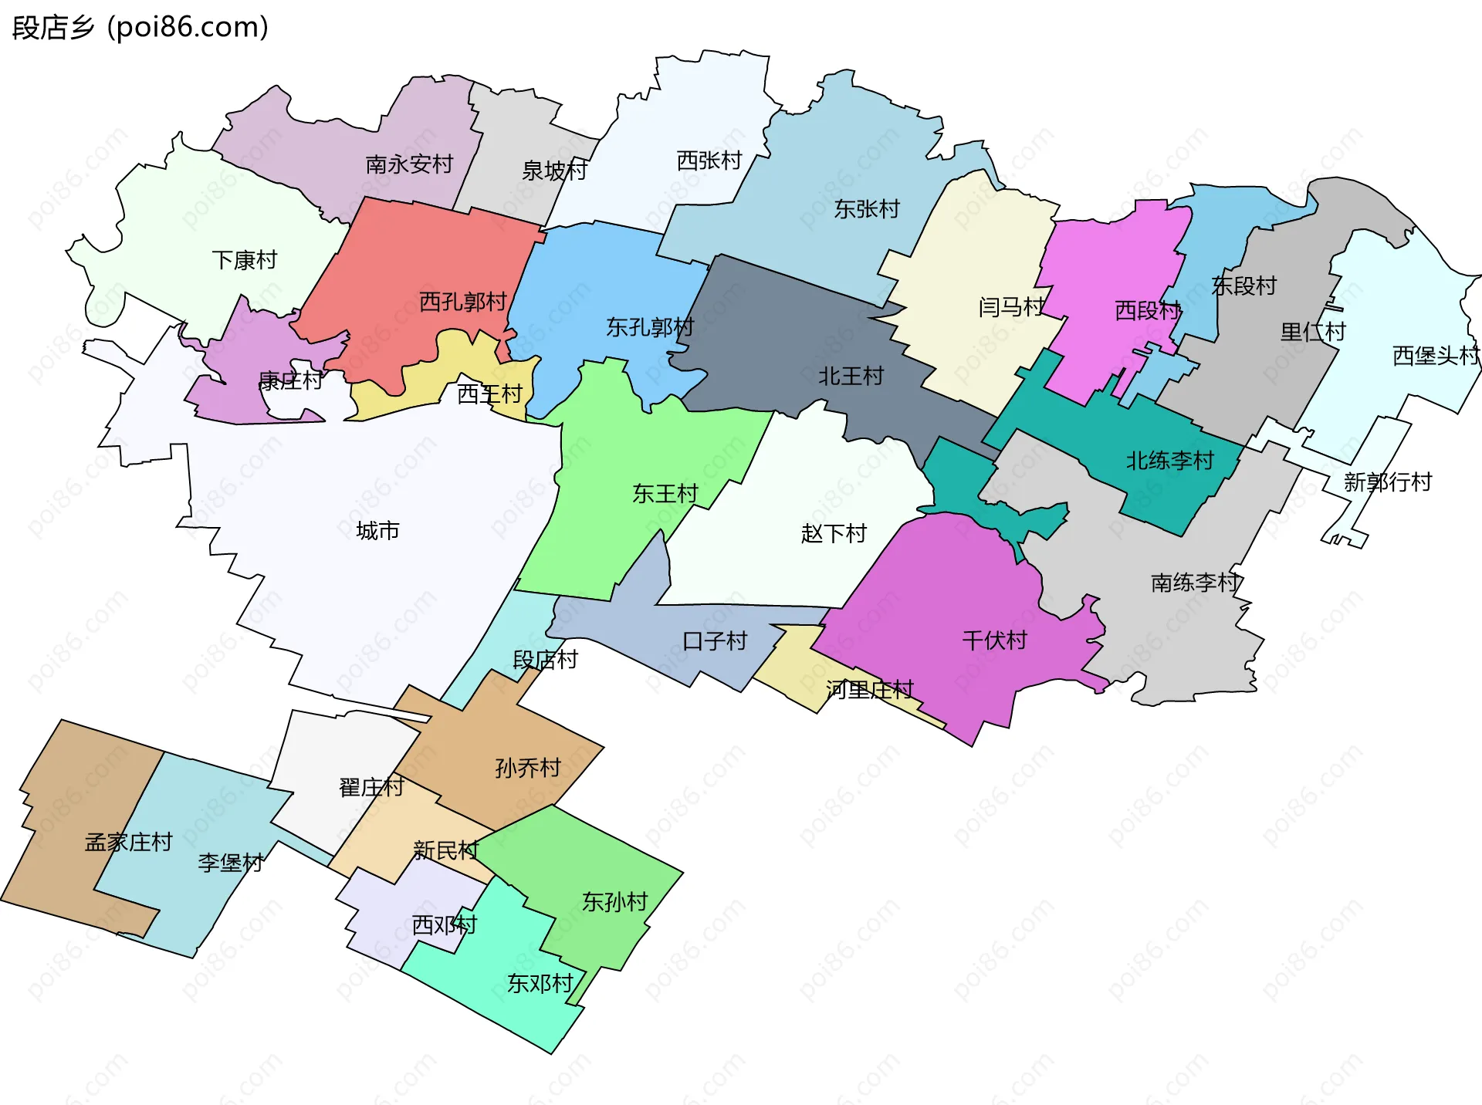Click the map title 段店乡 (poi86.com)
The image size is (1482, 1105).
coord(140,28)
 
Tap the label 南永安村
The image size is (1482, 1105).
coord(409,164)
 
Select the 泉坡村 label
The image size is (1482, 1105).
coord(554,171)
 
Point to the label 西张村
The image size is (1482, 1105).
coord(709,161)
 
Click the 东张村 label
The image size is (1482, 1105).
coord(867,209)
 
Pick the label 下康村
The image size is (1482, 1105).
coord(244,260)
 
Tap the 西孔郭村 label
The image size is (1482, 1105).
coord(462,302)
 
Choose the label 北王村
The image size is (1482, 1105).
coord(851,377)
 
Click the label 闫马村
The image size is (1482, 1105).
coord(1011,308)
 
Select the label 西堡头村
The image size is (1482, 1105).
coord(1436,356)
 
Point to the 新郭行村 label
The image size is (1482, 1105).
coord(1387,482)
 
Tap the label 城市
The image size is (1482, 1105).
coord(377,531)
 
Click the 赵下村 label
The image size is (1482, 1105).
coord(834,533)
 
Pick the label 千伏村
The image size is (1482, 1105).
coord(994,640)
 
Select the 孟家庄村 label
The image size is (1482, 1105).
coord(128,842)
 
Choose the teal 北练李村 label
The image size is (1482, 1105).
coord(1169,461)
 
